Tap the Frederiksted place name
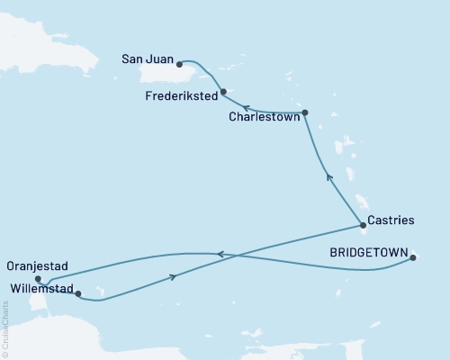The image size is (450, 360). click(177, 94)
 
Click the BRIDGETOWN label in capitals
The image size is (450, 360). click(369, 252)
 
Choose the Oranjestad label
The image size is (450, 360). click(38, 267)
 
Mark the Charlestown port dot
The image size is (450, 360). click(305, 112)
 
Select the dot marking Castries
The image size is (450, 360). click(363, 225)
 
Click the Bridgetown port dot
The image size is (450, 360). click(413, 258)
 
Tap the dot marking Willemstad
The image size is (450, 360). click(78, 293)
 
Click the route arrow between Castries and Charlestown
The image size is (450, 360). click(329, 177)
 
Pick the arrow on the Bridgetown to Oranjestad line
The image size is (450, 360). click(220, 254)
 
